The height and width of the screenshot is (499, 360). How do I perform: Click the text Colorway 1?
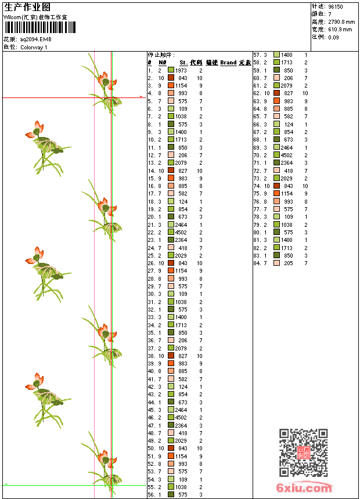pyautogui.click(x=34, y=48)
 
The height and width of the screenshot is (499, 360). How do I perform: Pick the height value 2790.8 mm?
pyautogui.click(x=341, y=22)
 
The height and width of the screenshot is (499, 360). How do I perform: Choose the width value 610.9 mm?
pyautogui.click(x=340, y=30)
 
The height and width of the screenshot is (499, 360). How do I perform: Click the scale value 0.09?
pyautogui.click(x=333, y=37)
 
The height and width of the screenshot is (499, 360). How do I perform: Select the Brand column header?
pyautogui.click(x=228, y=63)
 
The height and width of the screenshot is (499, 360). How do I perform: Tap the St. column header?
pyautogui.click(x=183, y=63)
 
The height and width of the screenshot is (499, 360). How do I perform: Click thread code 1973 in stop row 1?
pyautogui.click(x=181, y=70)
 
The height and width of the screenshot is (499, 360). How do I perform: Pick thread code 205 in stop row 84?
pyautogui.click(x=289, y=263)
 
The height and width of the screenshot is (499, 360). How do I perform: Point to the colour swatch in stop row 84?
pyautogui.click(x=277, y=263)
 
